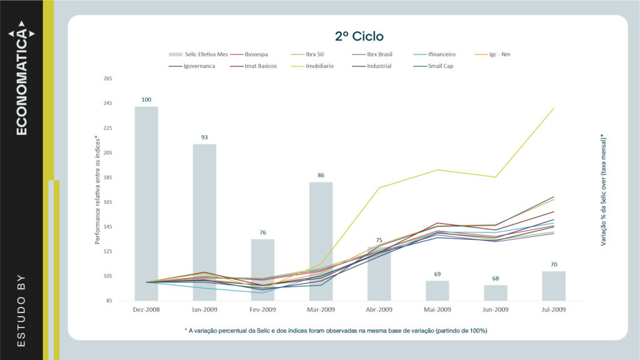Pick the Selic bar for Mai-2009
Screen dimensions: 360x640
[437, 291]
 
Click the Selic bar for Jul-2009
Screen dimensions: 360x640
[554, 286]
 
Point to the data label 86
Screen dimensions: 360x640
[321, 176]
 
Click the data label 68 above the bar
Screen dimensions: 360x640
[496, 278]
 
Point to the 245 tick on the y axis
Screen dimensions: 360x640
[107, 103]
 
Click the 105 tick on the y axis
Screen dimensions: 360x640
[107, 276]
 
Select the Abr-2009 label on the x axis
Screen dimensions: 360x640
[379, 309]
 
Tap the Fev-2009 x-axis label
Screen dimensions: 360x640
[262, 309]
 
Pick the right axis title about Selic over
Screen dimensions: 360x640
[604, 189]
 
